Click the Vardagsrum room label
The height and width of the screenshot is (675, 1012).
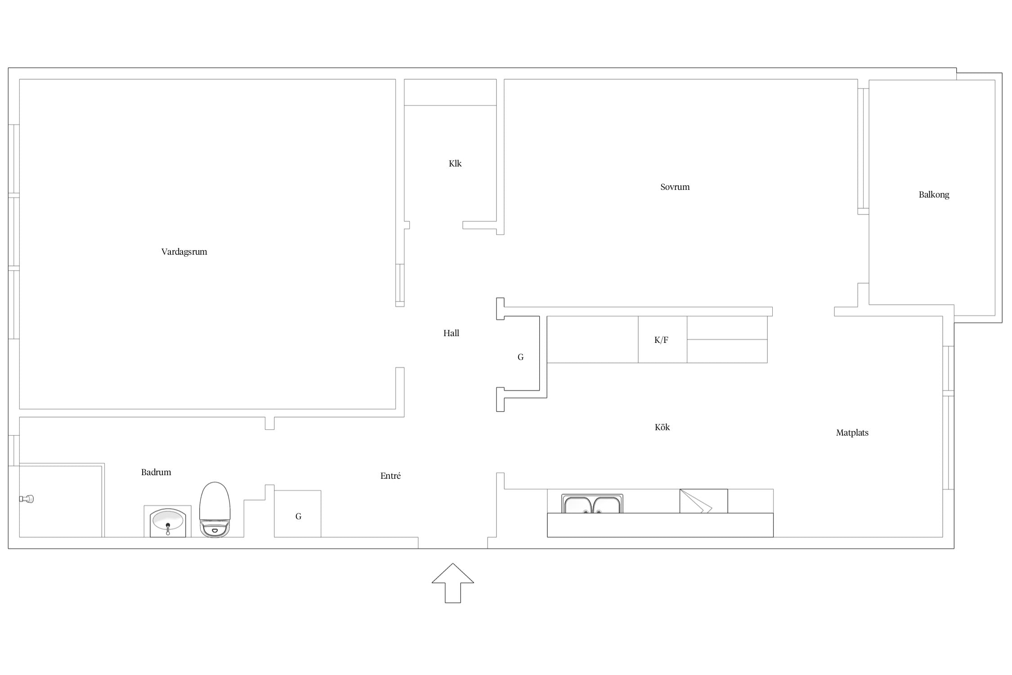coord(184,252)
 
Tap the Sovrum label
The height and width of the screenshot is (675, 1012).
coord(675,187)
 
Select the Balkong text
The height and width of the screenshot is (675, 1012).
coord(934,195)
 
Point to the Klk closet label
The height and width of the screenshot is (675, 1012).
coord(455,163)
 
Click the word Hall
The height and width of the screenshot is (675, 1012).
coord(451,333)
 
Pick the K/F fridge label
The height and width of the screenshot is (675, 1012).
coord(661,340)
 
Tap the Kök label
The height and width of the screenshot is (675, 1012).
coord(662,427)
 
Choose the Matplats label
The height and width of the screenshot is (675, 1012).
coord(852,433)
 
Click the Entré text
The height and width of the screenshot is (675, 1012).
coord(390,476)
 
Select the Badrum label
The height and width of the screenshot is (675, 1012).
coord(156,472)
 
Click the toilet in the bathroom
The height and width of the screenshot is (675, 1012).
coord(215,510)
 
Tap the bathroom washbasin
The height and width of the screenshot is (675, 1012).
coord(168,522)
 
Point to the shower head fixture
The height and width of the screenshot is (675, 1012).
coord(27,499)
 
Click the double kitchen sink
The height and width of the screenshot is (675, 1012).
coord(592,504)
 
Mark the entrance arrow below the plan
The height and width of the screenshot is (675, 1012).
coord(453,583)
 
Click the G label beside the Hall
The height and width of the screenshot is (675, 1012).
coord(520,357)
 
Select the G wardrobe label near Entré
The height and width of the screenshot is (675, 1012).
coord(298,517)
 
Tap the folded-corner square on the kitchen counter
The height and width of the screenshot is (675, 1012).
coord(703,501)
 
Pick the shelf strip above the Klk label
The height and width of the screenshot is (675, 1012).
coord(450,92)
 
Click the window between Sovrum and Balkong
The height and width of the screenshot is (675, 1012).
coord(863,151)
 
